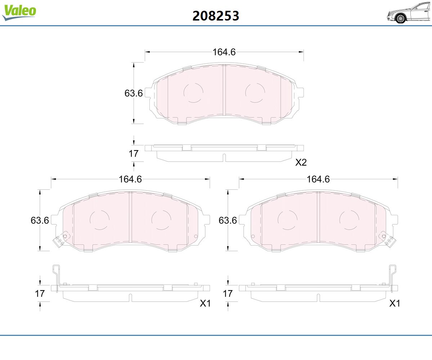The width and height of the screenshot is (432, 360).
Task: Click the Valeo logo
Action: pyautogui.click(x=19, y=12)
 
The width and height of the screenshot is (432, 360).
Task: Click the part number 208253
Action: pyautogui.click(x=216, y=16)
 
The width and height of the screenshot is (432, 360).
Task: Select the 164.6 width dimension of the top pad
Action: pyautogui.click(x=224, y=52)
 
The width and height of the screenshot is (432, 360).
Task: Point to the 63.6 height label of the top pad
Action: pyautogui.click(x=134, y=93)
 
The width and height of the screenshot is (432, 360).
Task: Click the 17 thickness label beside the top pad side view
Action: pyautogui.click(x=134, y=154)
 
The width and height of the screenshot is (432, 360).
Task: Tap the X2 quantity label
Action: pyautogui.click(x=301, y=162)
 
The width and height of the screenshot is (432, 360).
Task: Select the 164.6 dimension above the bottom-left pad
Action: pyautogui.click(x=130, y=179)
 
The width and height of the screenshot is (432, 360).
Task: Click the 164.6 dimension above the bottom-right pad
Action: pyautogui.click(x=318, y=179)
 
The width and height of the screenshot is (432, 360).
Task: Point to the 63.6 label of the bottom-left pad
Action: pyautogui.click(x=40, y=221)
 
